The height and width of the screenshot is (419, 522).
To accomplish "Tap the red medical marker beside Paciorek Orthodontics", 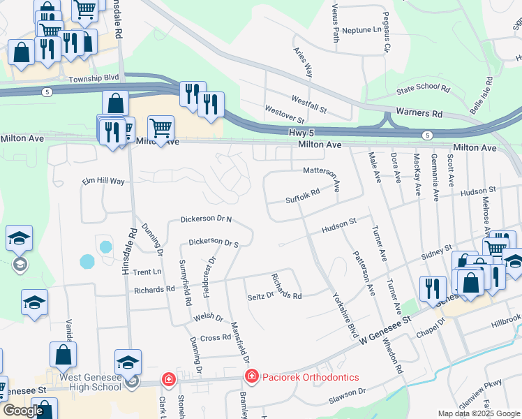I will pyautogui.click(x=251, y=377).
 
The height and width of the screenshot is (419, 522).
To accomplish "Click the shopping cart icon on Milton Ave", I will pyautogui.click(x=161, y=128).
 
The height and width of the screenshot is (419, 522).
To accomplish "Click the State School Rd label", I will pyautogui.click(x=423, y=88).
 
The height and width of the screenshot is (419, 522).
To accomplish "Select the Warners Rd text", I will pyautogui.click(x=419, y=112).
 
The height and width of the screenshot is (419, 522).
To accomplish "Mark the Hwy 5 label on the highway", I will pyautogui.click(x=301, y=131).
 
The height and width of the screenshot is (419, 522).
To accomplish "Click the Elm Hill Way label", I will pyautogui.click(x=103, y=181).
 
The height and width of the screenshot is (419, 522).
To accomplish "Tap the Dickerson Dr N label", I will pyautogui.click(x=206, y=219).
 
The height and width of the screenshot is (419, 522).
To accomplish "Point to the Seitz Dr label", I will pyautogui.click(x=260, y=296).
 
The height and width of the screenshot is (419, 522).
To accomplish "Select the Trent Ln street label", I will pyautogui.click(x=147, y=272).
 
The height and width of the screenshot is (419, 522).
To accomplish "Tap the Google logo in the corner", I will pyautogui.click(x=23, y=411).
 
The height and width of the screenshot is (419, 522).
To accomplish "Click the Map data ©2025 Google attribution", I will pyautogui.click(x=478, y=413).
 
